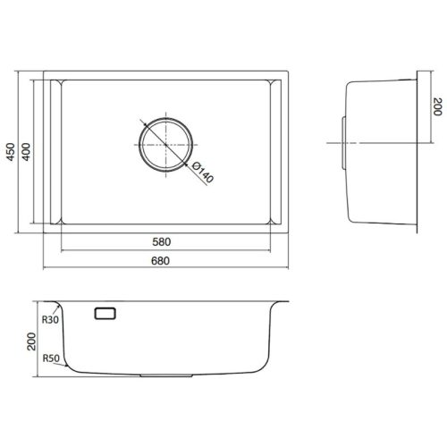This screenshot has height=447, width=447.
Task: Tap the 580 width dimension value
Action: pos(162,242)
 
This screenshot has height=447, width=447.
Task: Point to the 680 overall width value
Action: pos(162,260)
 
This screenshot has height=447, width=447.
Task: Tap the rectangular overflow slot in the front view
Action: pos(105,313)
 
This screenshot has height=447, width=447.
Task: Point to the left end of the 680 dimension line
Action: pos(45,268)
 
